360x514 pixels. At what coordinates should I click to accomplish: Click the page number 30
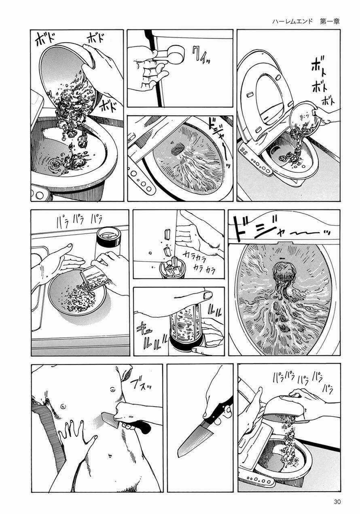tap(338, 501)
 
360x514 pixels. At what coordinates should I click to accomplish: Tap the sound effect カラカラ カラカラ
tap(199, 261)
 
